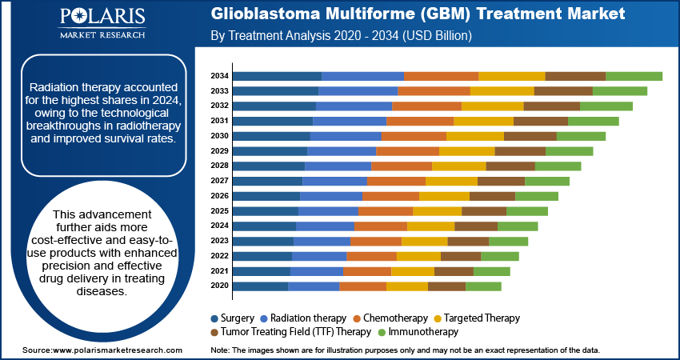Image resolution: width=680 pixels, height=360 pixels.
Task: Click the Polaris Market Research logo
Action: click(x=102, y=25)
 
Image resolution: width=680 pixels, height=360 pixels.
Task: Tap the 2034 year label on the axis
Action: click(x=220, y=76)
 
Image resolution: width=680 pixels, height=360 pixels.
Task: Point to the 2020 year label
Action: click(x=220, y=286)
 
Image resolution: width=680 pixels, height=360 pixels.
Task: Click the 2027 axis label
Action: click(x=220, y=181)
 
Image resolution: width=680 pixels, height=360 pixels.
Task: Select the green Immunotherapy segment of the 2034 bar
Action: click(x=634, y=76)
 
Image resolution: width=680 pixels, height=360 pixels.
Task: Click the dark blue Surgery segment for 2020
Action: click(x=260, y=286)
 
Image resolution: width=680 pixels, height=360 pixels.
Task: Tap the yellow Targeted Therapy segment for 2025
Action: click(x=437, y=211)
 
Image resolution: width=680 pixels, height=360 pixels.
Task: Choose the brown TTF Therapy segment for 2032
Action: click(x=551, y=106)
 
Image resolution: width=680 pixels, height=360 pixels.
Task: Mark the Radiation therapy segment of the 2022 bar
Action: click(x=318, y=256)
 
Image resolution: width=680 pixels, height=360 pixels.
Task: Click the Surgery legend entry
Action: click(x=233, y=318)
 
